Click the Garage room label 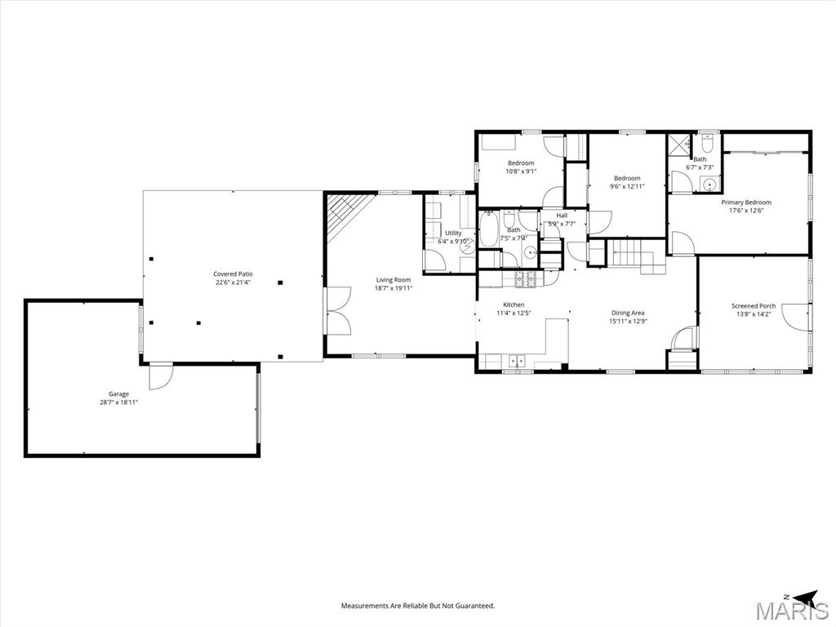click(x=118, y=394)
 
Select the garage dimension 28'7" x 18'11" click(x=118, y=402)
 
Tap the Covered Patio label click(x=233, y=274)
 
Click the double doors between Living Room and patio click(x=339, y=311)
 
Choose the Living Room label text click(x=394, y=280)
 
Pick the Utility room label click(x=453, y=233)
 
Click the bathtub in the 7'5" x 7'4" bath click(x=488, y=229)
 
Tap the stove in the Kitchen click(x=525, y=278)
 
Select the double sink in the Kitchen click(x=517, y=361)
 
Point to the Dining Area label click(x=628, y=313)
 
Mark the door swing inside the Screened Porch click(x=795, y=315)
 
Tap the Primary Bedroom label click(x=746, y=202)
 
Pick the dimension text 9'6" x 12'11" click(x=627, y=187)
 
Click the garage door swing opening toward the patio click(x=161, y=376)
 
